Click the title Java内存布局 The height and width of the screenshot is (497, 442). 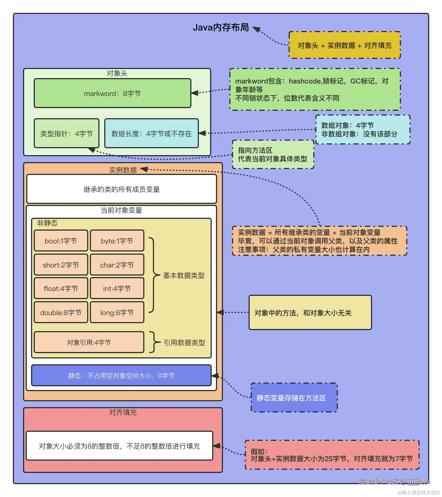tap(221, 28)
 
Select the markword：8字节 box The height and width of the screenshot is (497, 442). tap(113, 93)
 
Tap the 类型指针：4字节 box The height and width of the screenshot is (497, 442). tap(67, 133)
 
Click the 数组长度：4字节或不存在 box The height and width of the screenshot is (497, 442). tap(151, 133)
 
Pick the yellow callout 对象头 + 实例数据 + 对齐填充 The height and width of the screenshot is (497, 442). tap(344, 45)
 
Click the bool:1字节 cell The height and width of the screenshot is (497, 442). tap(61, 241)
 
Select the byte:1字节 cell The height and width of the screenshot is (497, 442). tap(117, 241)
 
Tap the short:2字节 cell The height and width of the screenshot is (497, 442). tap(61, 265)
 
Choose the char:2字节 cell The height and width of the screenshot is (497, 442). tap(117, 265)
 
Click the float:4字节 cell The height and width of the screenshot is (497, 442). tap(61, 288)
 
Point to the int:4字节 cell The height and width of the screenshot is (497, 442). tap(117, 288)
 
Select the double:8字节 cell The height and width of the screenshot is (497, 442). tap(61, 312)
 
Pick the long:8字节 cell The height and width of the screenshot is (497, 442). tap(117, 312)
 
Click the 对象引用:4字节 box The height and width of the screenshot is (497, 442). tap(89, 342)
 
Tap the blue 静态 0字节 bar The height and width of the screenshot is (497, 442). tap(121, 376)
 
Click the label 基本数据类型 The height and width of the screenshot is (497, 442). tap(184, 275)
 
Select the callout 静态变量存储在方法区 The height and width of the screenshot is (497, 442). tap(294, 398)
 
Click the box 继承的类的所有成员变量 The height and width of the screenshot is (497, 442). tap(122, 189)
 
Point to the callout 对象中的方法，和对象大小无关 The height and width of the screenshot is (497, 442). tap(310, 313)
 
